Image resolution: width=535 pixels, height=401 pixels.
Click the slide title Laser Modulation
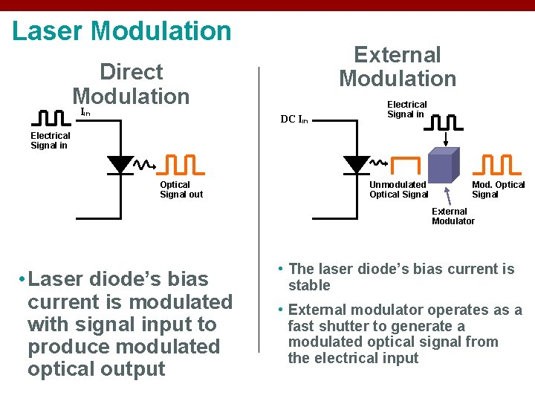(x=122, y=31)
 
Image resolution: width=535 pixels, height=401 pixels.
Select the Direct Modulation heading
(x=131, y=84)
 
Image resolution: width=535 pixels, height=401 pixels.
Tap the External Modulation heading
(x=398, y=67)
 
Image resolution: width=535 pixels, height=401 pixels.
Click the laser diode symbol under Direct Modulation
(x=120, y=164)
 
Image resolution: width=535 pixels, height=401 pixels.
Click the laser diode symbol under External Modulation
(x=357, y=164)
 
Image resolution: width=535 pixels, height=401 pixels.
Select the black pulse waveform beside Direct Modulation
(x=53, y=118)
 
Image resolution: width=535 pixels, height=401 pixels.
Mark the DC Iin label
(x=294, y=119)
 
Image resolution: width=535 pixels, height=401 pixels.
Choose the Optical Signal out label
(x=181, y=189)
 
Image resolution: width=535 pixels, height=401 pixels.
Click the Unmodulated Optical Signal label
(x=399, y=189)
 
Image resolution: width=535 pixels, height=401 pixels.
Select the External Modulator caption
(x=453, y=216)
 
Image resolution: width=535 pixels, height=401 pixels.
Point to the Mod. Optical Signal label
(x=498, y=189)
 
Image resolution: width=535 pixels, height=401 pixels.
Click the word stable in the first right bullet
(x=309, y=285)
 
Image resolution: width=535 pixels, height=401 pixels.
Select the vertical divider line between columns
(x=259, y=208)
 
